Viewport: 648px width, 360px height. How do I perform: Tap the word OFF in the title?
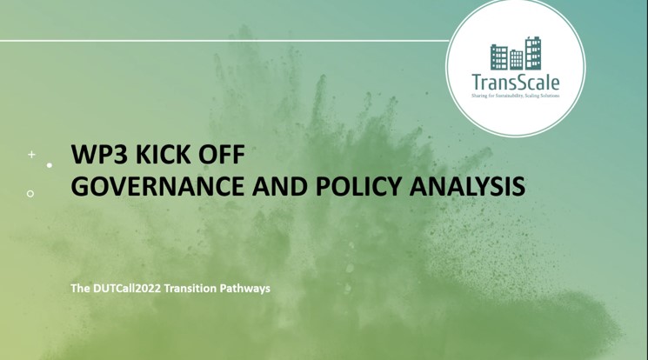click(x=218, y=156)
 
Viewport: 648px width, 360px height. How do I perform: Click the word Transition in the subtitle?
click(x=196, y=288)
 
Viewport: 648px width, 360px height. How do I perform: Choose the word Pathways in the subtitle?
click(x=248, y=288)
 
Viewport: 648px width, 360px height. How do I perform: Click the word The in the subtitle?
click(x=81, y=288)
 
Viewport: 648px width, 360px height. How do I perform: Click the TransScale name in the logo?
click(x=516, y=83)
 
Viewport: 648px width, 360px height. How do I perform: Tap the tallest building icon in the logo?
click(x=533, y=53)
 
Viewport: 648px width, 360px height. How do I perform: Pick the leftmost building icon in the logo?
click(x=499, y=57)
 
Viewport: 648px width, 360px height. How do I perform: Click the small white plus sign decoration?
click(x=31, y=155)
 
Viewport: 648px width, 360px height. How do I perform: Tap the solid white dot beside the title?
click(x=50, y=164)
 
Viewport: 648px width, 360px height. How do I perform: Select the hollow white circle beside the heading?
click(x=30, y=193)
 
